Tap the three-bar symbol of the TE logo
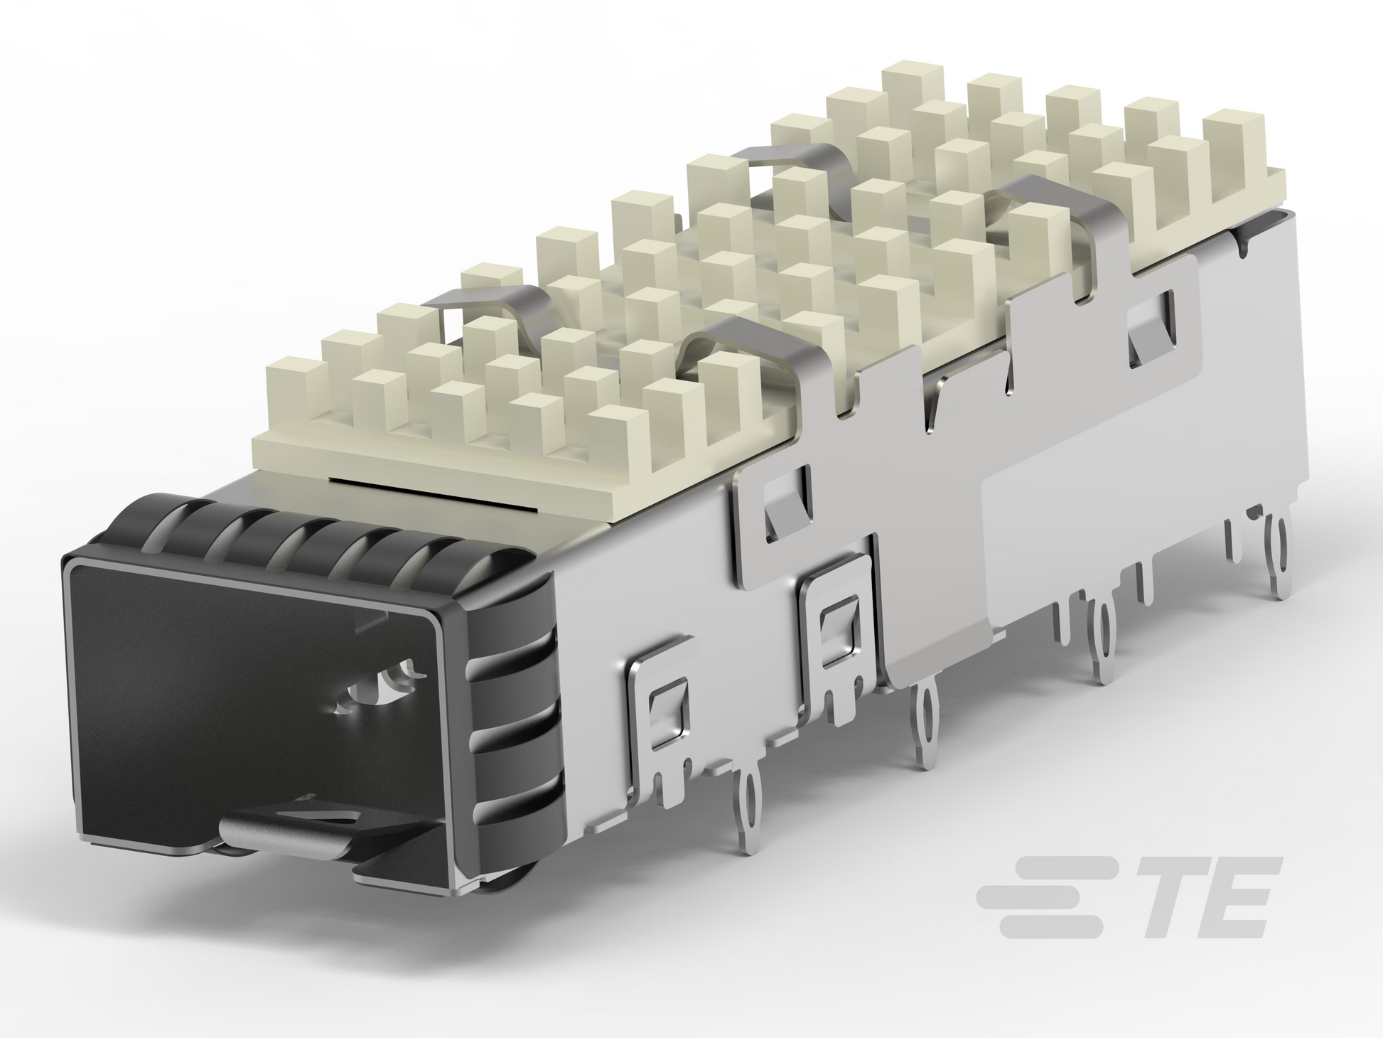tap(1045, 896)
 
